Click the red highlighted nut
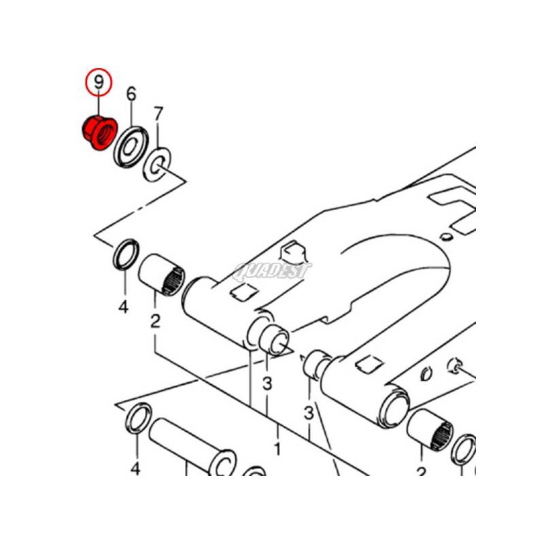(x=100, y=133)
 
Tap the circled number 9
(x=99, y=82)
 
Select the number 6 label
(x=131, y=94)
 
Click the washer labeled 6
(x=131, y=146)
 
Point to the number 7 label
(x=158, y=114)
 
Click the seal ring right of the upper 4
(x=126, y=254)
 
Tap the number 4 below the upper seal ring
(x=124, y=307)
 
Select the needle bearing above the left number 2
(x=161, y=275)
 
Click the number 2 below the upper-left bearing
(x=155, y=321)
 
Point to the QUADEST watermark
(x=272, y=271)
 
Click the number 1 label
(x=277, y=449)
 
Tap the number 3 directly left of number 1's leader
(x=267, y=384)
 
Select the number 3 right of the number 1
(x=309, y=413)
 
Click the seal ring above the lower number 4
(x=139, y=418)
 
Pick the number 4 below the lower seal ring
(x=135, y=469)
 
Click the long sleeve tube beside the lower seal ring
(x=192, y=447)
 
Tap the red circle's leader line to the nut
(x=99, y=106)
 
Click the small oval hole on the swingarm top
(x=445, y=237)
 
